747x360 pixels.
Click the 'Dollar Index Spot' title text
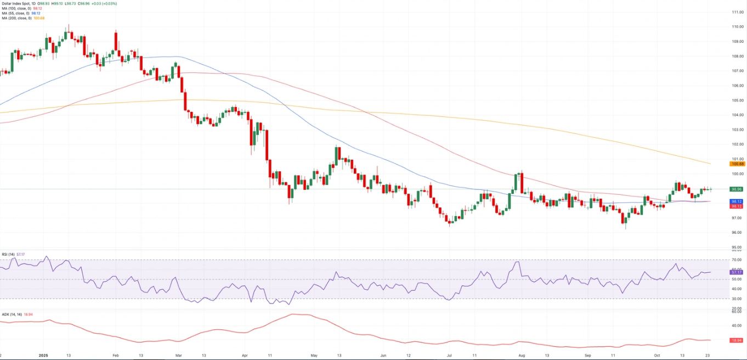16,3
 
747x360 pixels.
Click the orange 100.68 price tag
737,164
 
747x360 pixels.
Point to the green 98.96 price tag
737,189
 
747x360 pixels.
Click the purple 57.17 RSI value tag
737,272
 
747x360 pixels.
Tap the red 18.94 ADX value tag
737,341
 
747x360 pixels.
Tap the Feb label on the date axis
116,355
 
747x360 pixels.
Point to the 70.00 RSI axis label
737,260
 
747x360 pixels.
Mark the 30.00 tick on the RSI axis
737,299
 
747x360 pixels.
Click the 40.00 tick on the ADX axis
737,325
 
